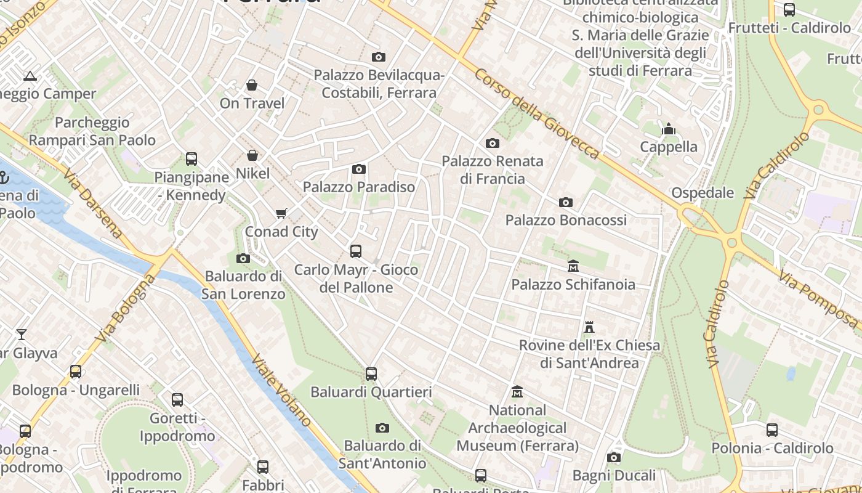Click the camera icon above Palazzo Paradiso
click(x=359, y=169)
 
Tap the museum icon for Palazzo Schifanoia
click(x=573, y=266)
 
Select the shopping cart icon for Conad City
click(x=281, y=214)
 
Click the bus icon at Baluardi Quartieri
click(x=371, y=374)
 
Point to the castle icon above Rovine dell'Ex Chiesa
click(x=589, y=327)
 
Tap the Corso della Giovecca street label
click(x=536, y=113)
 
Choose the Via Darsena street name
click(x=92, y=203)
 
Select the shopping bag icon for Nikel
click(x=252, y=155)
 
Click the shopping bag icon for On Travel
click(x=252, y=85)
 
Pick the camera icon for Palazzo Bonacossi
click(x=565, y=202)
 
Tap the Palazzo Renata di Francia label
click(x=493, y=170)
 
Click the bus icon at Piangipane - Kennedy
click(x=191, y=159)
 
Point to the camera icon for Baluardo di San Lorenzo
click(x=243, y=258)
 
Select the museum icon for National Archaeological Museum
click(x=517, y=392)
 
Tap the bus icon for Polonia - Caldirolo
click(x=772, y=430)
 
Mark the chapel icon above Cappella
click(x=669, y=129)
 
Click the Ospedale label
click(x=703, y=193)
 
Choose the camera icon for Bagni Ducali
click(x=614, y=457)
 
